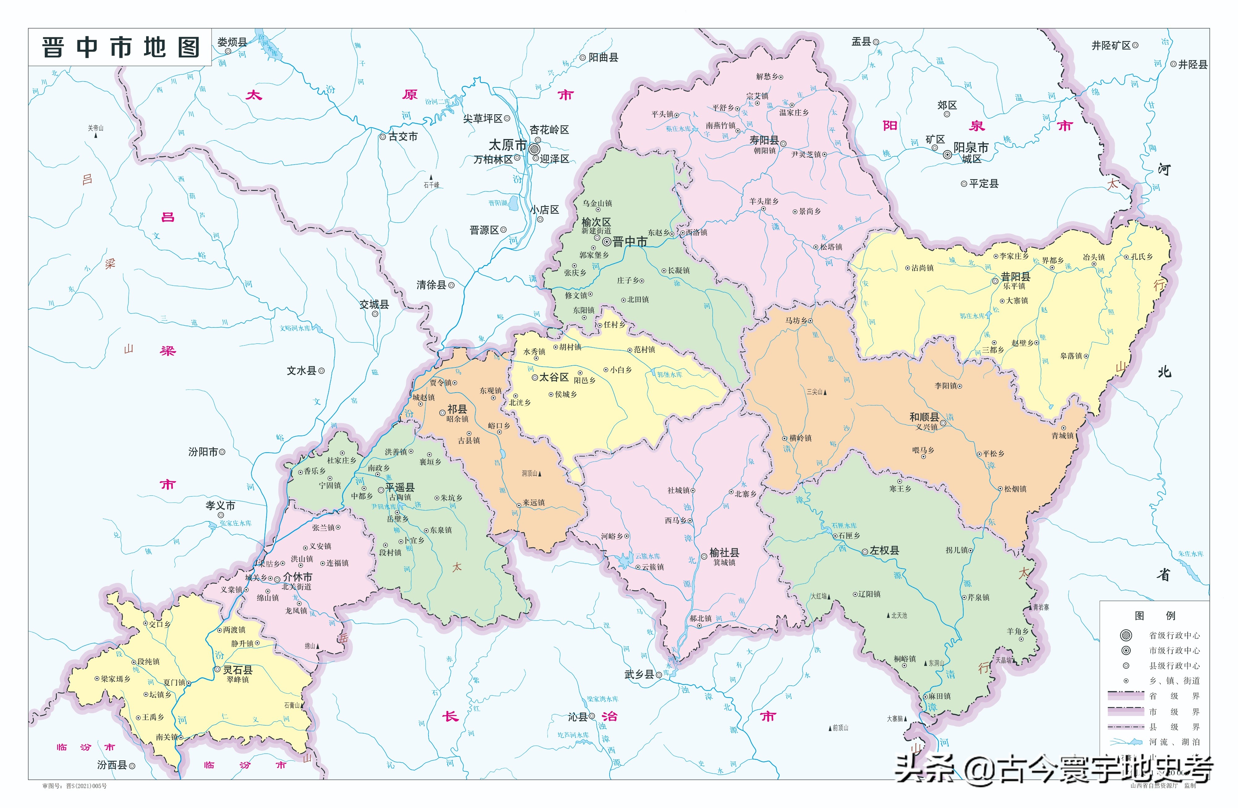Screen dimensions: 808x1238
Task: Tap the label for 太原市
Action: point(508,145)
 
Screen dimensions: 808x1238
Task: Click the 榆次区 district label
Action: point(596,222)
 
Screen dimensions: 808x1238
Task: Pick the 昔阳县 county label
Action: point(1015,277)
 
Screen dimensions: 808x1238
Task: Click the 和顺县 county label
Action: point(924,417)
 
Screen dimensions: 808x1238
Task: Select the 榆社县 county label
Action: point(724,553)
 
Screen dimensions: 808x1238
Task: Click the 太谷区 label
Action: point(553,377)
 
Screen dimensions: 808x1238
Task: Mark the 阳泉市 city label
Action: point(971,148)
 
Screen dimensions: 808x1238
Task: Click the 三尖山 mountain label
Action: point(815,392)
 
